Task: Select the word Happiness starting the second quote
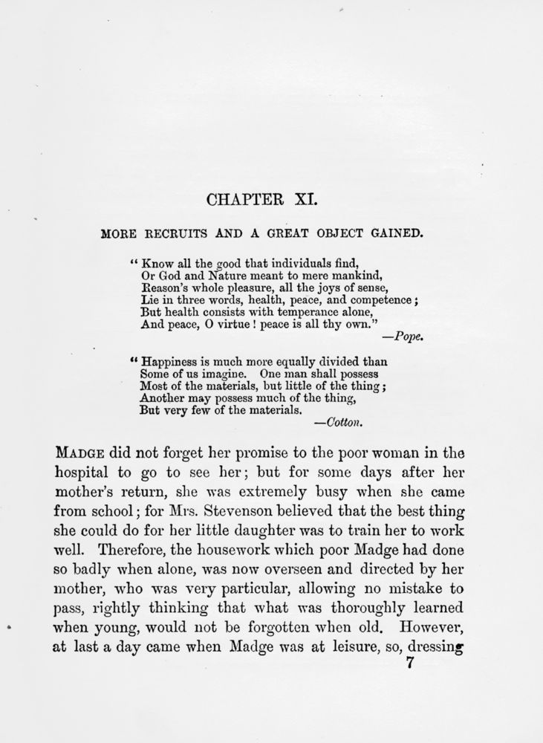pyautogui.click(x=169, y=362)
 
